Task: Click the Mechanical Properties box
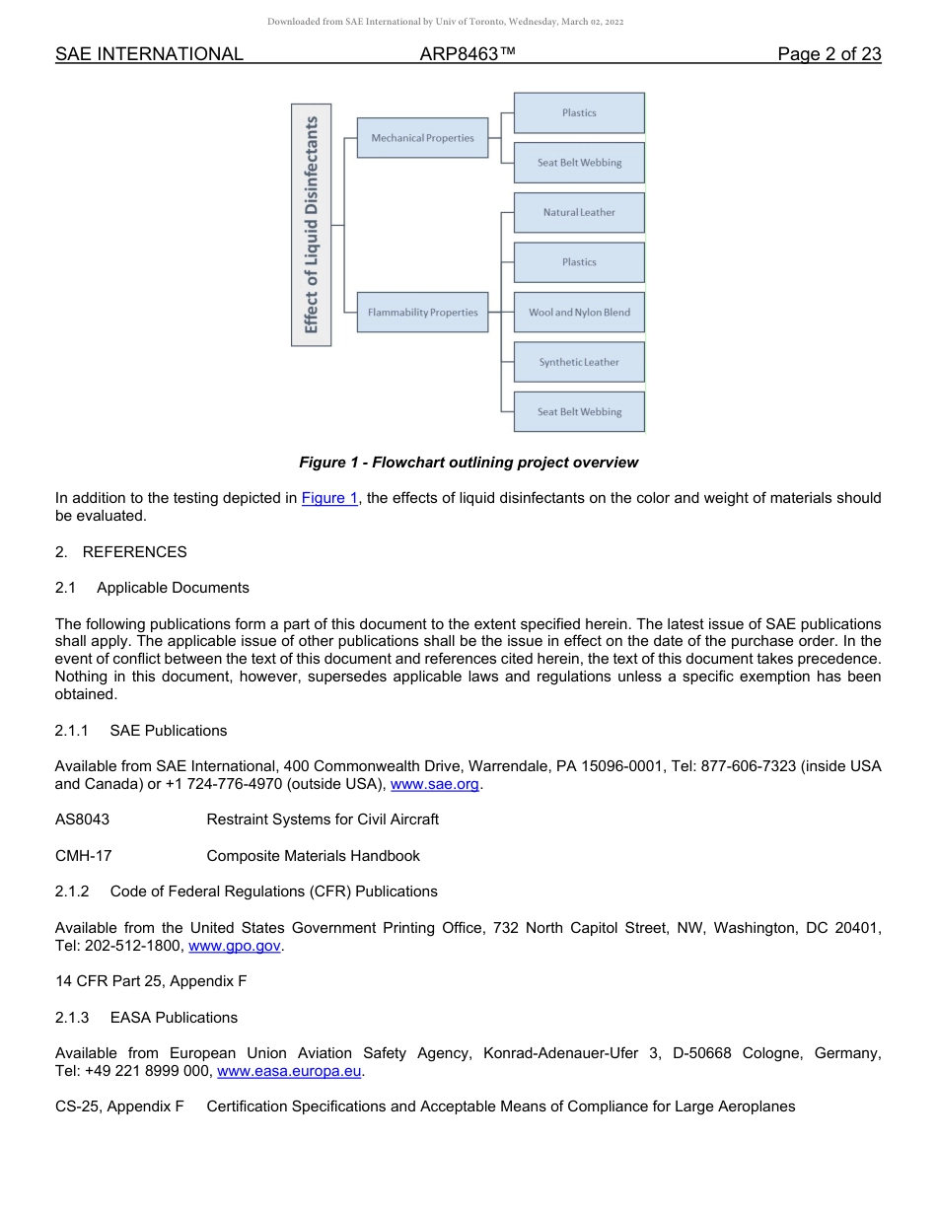click(x=422, y=138)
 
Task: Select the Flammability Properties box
click(x=422, y=313)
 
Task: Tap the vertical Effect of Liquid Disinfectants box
click(x=312, y=225)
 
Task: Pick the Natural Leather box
click(x=579, y=213)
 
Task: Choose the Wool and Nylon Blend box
click(x=579, y=313)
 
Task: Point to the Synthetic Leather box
click(x=579, y=362)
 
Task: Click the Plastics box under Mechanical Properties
click(x=579, y=113)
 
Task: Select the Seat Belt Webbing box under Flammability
click(x=579, y=412)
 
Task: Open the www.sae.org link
click(x=434, y=785)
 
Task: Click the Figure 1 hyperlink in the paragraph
click(x=329, y=499)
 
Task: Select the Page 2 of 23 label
click(x=829, y=54)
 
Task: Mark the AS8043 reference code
click(x=83, y=820)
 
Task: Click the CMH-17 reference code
click(x=83, y=856)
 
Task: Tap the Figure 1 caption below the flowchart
click(x=468, y=463)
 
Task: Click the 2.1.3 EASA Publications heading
click(x=146, y=1018)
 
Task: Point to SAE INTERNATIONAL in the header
click(x=149, y=54)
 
